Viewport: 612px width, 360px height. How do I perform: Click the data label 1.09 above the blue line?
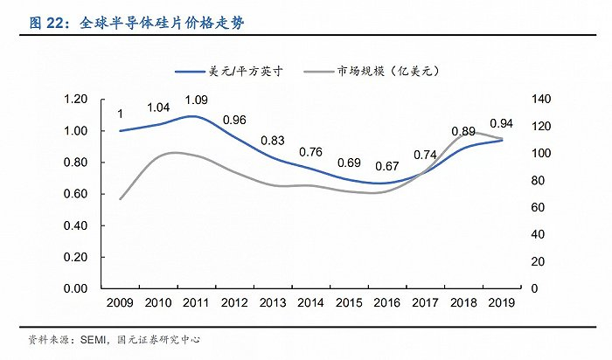(x=197, y=100)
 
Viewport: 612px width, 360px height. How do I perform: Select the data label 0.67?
(x=387, y=167)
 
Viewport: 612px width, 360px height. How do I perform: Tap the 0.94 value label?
(x=501, y=123)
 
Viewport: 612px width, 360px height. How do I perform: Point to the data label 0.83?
(x=273, y=141)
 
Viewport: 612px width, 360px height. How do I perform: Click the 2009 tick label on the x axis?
(x=120, y=302)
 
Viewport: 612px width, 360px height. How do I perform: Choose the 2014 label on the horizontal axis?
(x=310, y=302)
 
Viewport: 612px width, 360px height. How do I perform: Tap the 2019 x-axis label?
(x=502, y=302)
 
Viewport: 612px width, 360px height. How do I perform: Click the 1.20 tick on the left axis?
(x=76, y=99)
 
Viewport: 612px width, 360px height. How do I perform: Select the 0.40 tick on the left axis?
(x=76, y=225)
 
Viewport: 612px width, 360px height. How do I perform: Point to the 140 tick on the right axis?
(x=541, y=99)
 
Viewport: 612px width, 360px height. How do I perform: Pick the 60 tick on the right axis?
(x=538, y=207)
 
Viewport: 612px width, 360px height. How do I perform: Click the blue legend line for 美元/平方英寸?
(x=190, y=72)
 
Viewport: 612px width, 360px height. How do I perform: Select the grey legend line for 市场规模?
(x=318, y=72)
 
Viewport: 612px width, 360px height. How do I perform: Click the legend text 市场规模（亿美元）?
(x=388, y=71)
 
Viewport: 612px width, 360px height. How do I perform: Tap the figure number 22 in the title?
(x=54, y=23)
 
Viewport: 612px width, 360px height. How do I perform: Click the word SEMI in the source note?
(x=93, y=340)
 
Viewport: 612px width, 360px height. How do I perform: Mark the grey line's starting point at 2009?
(x=120, y=199)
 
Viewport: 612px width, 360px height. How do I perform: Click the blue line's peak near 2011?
(x=193, y=116)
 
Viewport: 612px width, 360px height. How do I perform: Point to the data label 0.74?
(x=425, y=156)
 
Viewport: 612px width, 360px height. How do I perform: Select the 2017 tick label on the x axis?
(x=426, y=302)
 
